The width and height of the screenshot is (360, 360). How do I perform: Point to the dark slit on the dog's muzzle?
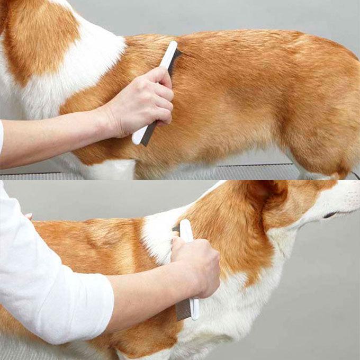coord(330,215)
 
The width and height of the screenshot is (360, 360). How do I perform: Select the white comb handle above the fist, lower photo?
coord(186,230)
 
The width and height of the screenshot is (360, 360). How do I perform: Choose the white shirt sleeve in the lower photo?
coord(48,281)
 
